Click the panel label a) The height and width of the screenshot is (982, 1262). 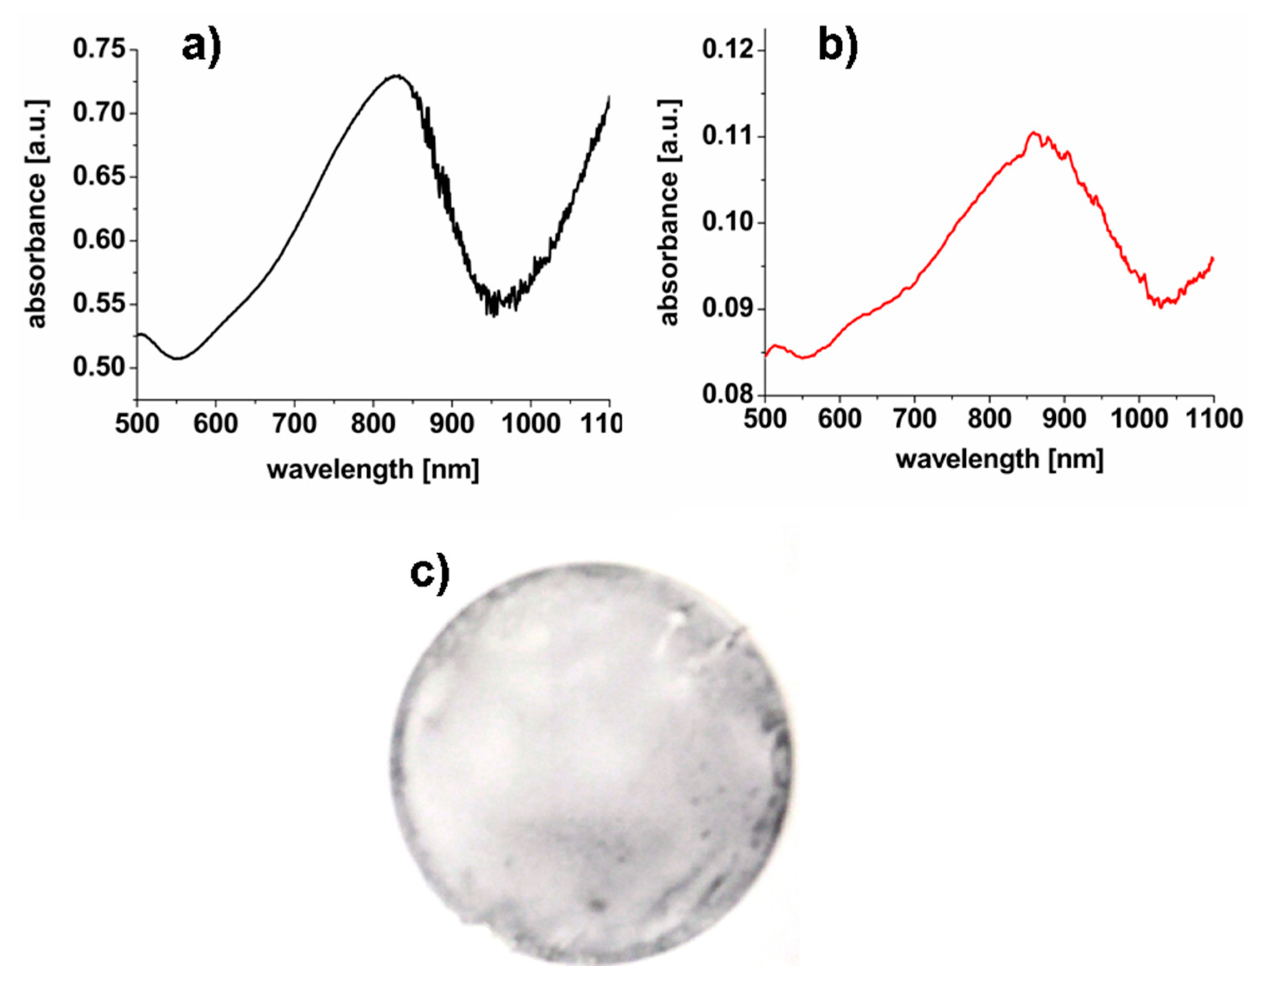(201, 46)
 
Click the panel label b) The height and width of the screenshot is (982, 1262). (838, 46)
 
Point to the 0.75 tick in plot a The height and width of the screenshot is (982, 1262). (99, 49)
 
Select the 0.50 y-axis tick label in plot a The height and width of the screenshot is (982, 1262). (99, 367)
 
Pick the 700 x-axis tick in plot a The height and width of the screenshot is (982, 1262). (294, 425)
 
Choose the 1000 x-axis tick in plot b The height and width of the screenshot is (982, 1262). (1138, 419)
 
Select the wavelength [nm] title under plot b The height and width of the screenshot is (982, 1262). (1000, 459)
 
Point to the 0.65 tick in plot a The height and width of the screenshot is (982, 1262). (99, 176)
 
